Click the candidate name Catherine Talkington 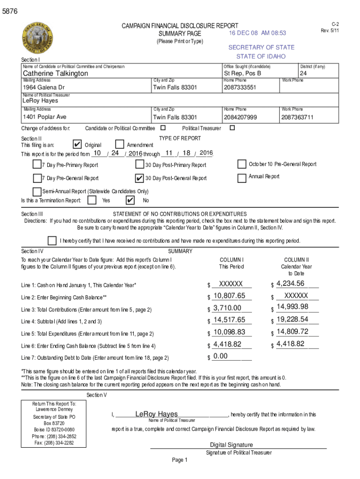55,73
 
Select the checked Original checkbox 78,145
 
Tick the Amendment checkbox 119,145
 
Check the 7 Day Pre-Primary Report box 36,164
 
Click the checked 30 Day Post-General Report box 139,178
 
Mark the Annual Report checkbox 242,178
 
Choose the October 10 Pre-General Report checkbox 242,164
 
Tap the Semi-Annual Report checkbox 36,191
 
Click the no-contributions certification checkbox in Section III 52,240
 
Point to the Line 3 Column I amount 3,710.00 227,308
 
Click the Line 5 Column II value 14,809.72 292,332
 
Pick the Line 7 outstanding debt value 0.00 220,356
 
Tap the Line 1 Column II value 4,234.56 290,283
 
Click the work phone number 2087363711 297,117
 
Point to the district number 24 303,73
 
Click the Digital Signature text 231,445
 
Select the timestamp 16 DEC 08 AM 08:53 257,33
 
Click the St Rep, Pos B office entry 242,73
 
